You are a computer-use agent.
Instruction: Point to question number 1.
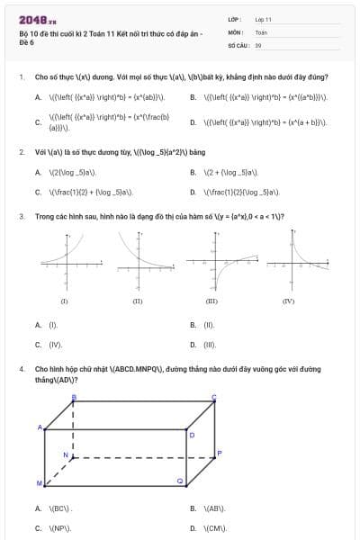tap(21, 77)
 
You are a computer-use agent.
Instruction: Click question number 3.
tap(21, 216)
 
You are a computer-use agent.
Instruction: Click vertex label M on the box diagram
tap(39, 484)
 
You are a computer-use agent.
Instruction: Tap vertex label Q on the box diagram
tap(180, 482)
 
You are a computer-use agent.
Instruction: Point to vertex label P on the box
tap(219, 454)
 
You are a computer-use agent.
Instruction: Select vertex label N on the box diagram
tap(65, 455)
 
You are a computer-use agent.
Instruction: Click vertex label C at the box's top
tap(213, 397)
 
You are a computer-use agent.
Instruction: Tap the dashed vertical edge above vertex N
tap(74, 430)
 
